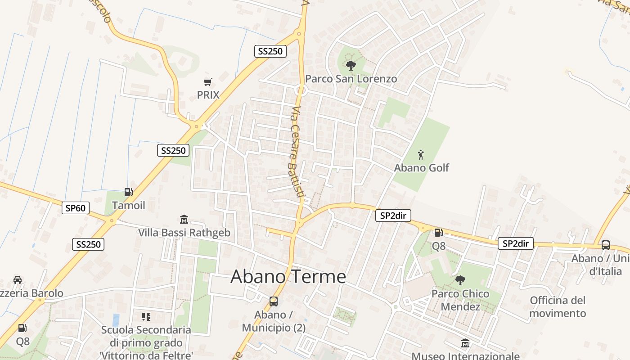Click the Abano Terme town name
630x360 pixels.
[x=288, y=276]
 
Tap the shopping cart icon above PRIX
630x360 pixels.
[x=207, y=82]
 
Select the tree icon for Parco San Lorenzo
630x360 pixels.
[x=351, y=66]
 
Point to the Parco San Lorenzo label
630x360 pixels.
[x=351, y=79]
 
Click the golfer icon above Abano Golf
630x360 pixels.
[x=421, y=155]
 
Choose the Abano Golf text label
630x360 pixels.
[x=422, y=168]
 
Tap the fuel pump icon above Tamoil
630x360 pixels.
[x=129, y=192]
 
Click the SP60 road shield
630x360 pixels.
[x=76, y=208]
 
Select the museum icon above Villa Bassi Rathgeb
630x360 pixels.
[x=184, y=220]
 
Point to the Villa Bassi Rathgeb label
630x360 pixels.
[x=184, y=233]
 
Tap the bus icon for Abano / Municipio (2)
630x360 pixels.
[x=274, y=301]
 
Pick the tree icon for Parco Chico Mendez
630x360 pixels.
[x=460, y=280]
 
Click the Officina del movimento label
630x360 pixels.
[x=558, y=306]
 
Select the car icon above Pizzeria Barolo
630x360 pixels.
[x=18, y=280]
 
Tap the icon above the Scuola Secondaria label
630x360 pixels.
[x=146, y=317]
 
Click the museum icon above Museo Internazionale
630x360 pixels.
[x=465, y=344]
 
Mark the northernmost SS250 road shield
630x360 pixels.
[x=270, y=51]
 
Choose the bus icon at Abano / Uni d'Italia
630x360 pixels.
[x=606, y=245]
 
